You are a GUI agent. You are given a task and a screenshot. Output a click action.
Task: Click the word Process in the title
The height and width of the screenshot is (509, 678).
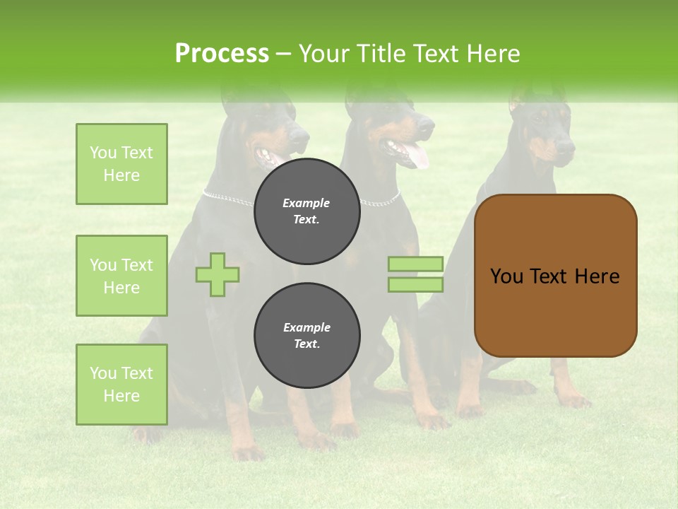[222, 54]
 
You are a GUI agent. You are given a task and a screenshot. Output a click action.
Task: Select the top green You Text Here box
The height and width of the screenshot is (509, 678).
[121, 164]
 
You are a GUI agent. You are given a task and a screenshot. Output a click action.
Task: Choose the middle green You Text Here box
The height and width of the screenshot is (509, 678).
[121, 276]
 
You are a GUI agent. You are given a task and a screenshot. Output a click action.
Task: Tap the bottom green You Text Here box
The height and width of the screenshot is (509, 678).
[121, 385]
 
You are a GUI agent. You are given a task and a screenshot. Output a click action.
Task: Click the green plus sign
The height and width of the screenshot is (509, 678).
[218, 274]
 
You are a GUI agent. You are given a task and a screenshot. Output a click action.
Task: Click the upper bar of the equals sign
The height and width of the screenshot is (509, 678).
[415, 264]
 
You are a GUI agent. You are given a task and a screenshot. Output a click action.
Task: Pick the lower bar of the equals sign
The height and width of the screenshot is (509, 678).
[415, 284]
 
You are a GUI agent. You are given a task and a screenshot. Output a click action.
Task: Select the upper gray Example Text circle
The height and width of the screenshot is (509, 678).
[307, 211]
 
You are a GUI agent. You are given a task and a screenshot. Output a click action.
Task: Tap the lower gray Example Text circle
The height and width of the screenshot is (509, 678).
[307, 336]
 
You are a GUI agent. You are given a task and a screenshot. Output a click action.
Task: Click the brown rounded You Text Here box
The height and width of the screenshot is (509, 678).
[555, 276]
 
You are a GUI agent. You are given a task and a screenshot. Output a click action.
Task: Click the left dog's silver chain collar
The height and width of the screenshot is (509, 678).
[226, 199]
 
